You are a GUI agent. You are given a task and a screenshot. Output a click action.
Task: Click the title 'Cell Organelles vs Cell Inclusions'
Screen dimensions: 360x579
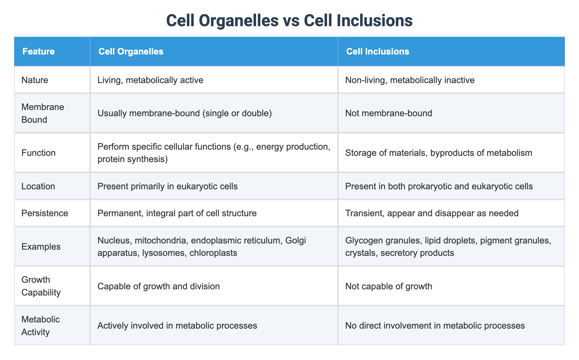289,21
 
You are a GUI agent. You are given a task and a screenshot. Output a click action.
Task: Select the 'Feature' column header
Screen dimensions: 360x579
38,52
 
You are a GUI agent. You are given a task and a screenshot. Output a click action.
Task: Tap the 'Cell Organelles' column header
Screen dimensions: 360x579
131,52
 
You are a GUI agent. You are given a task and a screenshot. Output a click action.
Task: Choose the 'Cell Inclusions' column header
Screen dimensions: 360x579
377,52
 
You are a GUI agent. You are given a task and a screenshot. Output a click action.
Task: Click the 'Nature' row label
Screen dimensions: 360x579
35,80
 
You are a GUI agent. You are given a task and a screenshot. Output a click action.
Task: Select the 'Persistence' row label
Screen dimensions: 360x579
44,213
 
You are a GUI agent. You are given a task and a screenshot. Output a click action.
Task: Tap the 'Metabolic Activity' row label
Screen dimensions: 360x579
40,326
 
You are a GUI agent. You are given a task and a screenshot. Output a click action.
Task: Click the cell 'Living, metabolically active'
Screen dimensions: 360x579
150,80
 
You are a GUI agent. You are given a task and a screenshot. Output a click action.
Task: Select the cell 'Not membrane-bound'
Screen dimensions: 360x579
388,113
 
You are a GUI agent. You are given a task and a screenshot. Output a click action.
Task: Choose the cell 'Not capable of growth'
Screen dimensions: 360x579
388,286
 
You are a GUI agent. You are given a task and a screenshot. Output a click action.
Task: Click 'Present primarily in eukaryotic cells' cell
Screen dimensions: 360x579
167,187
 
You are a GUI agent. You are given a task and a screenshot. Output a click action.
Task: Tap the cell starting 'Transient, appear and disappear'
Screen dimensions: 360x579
432,213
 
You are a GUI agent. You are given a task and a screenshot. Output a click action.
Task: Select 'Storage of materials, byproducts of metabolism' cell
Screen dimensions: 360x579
438,153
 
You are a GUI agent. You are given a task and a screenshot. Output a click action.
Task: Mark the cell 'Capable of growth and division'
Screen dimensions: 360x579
159,286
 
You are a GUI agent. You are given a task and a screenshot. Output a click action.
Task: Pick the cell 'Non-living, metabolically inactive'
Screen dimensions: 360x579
410,80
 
